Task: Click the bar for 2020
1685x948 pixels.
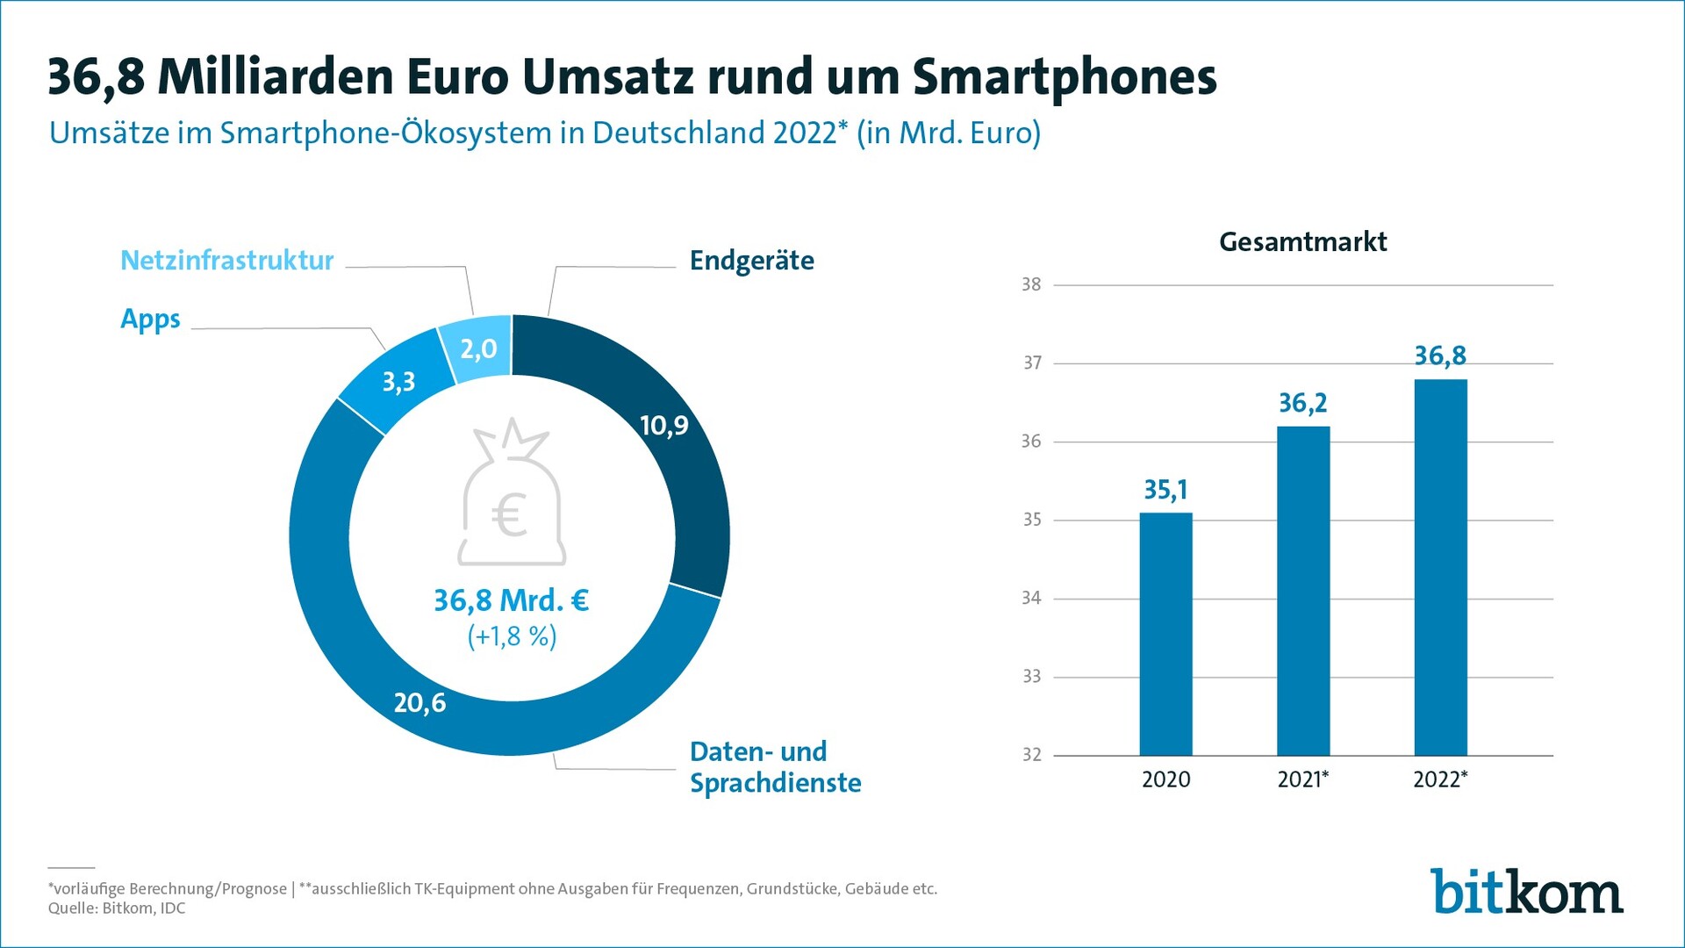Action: pyautogui.click(x=1165, y=634)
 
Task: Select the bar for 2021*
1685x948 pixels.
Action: pyautogui.click(x=1303, y=591)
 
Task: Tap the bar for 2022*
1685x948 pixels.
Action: pyautogui.click(x=1440, y=567)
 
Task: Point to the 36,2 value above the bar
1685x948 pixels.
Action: pyautogui.click(x=1302, y=403)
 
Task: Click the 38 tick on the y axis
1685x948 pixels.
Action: pyautogui.click(x=1031, y=284)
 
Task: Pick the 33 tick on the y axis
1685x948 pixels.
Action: pyautogui.click(x=1031, y=677)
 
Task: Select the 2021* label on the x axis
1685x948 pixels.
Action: pyautogui.click(x=1302, y=779)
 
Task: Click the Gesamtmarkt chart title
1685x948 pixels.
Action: pyautogui.click(x=1302, y=241)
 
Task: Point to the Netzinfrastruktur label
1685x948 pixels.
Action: pyautogui.click(x=226, y=261)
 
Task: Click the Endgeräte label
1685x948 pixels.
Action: pyautogui.click(x=751, y=261)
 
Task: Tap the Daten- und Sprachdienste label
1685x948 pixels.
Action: pyautogui.click(x=775, y=767)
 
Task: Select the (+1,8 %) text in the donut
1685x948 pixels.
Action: pyautogui.click(x=512, y=636)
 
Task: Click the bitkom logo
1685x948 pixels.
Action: pyautogui.click(x=1526, y=892)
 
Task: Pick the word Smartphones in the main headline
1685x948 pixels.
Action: pyautogui.click(x=1064, y=77)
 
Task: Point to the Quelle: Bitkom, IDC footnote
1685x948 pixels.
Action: pyautogui.click(x=117, y=908)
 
